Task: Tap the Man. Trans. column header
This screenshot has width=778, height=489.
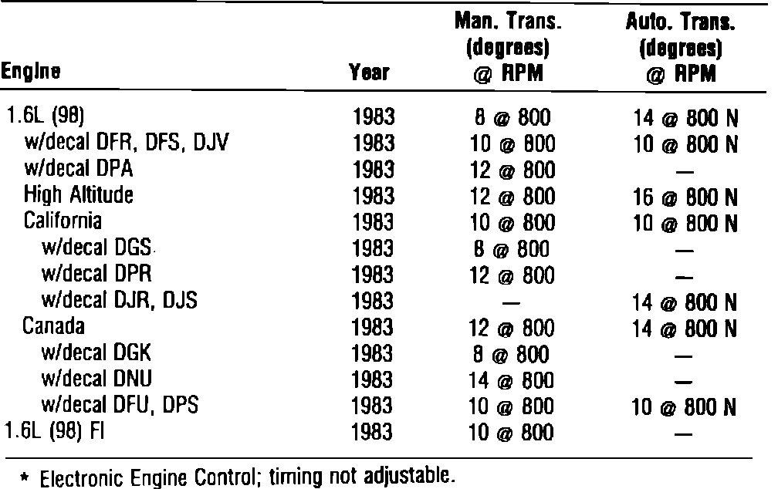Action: (x=506, y=49)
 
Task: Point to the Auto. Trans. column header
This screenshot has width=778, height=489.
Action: (x=680, y=49)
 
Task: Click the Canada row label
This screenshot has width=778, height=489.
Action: (x=53, y=326)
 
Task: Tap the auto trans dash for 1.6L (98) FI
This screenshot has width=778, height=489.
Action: (x=680, y=433)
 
